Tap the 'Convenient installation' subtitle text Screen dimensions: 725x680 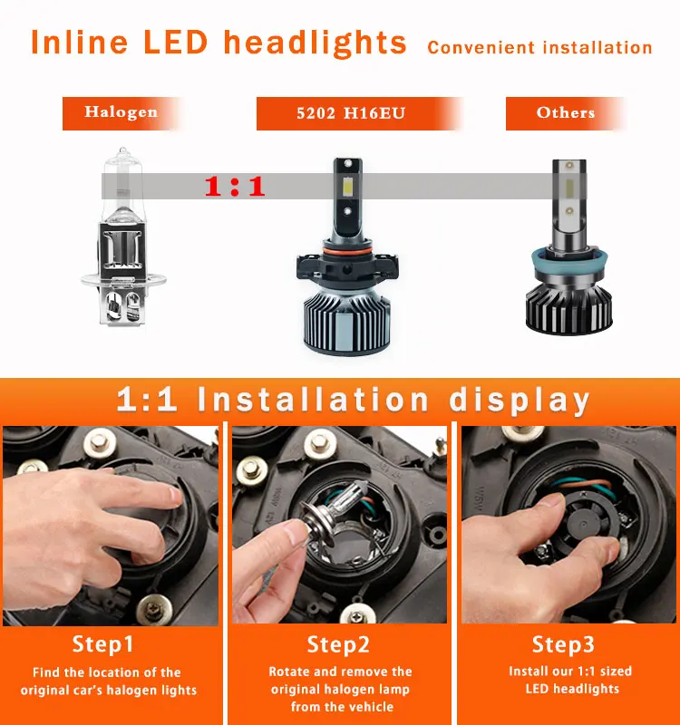[x=539, y=47]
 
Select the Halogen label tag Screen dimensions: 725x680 [x=121, y=113]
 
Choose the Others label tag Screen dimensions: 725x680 [x=565, y=113]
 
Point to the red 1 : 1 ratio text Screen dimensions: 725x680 [x=234, y=187]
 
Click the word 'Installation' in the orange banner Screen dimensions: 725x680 [x=313, y=400]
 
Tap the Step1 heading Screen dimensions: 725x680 [x=102, y=644]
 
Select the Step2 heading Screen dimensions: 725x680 [x=339, y=644]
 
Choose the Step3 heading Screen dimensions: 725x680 [x=564, y=644]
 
